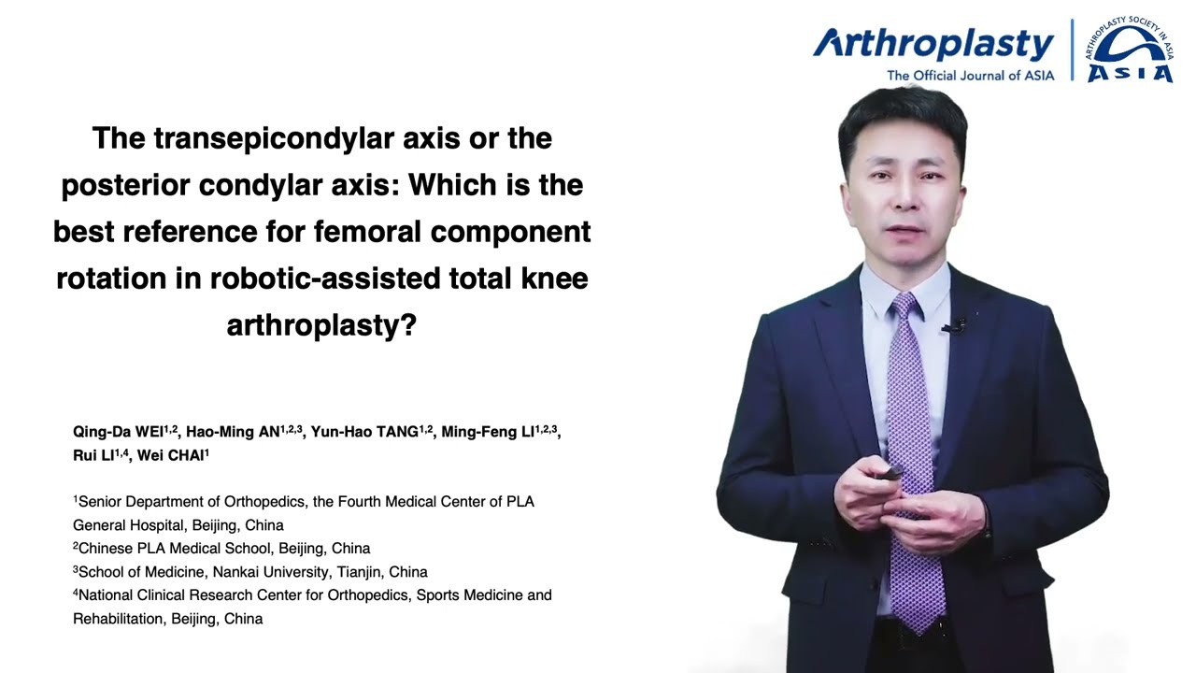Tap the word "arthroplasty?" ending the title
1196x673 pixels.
[321, 325]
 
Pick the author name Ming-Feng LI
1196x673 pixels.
[488, 432]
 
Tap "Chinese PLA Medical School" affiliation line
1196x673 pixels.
[176, 549]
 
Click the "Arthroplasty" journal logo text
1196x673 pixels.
[933, 44]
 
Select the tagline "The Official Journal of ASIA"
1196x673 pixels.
[970, 76]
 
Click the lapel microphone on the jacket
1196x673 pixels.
[955, 326]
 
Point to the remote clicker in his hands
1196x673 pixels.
[890, 473]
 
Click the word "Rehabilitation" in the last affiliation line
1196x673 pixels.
[120, 619]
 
